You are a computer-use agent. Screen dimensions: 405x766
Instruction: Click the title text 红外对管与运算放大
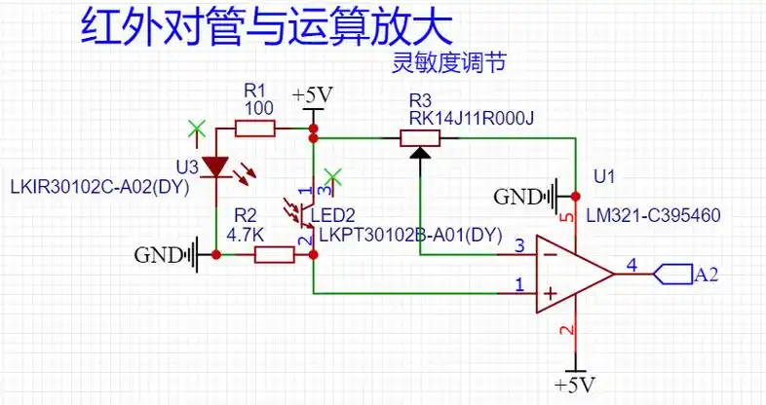coord(265,27)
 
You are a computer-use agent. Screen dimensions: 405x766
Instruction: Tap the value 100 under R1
coord(258,108)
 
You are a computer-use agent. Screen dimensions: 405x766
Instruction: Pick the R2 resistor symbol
coord(274,255)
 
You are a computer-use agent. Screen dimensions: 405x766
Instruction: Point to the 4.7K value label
coord(246,235)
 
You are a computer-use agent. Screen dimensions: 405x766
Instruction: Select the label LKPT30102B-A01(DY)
coord(409,235)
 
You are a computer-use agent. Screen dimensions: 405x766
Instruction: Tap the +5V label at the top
coord(313,95)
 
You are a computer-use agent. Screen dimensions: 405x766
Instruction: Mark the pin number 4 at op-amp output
coord(632,264)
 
